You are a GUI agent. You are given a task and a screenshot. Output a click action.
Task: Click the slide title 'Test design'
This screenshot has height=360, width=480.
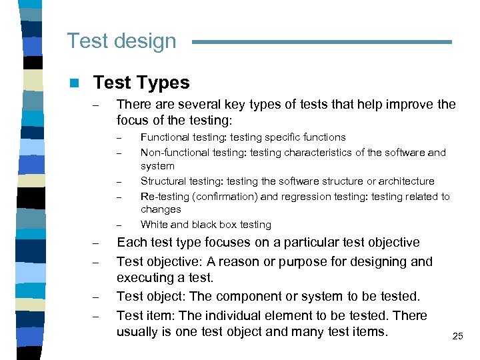[121, 41]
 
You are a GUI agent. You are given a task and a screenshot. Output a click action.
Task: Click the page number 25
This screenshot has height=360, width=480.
[457, 337]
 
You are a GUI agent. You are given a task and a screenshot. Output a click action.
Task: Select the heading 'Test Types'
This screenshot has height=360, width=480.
[141, 83]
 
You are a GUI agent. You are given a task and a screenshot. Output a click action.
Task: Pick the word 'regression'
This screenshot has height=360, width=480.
[306, 197]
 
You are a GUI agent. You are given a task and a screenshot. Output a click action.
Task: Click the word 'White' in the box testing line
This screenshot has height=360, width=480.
[155, 225]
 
